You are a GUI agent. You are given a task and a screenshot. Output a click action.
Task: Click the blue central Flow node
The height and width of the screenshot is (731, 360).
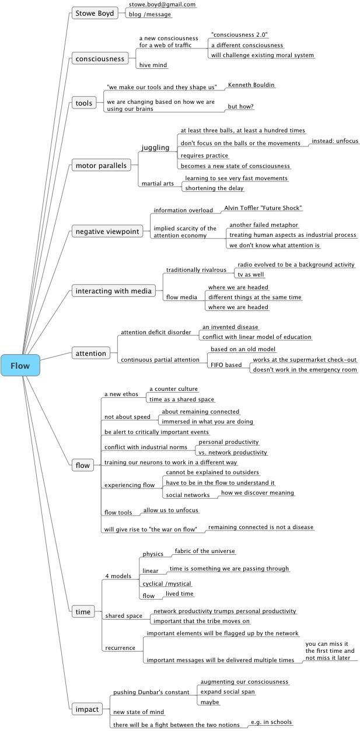(20, 365)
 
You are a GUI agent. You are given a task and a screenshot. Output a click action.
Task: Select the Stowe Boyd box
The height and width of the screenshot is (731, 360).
(95, 13)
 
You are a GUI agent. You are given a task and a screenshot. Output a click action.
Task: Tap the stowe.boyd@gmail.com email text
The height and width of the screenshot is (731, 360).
(162, 5)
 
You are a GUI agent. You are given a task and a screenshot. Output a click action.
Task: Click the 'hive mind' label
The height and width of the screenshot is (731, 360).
(153, 65)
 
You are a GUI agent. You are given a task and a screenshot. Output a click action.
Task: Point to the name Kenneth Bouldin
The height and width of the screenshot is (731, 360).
(251, 85)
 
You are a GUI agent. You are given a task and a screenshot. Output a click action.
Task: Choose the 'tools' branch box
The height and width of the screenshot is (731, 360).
(84, 103)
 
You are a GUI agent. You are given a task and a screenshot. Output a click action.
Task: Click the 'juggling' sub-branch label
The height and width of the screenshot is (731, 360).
(155, 148)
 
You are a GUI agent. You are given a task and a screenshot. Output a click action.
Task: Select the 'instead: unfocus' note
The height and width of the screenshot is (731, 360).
(335, 141)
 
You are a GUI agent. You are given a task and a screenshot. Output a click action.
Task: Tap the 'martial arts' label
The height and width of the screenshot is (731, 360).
(158, 183)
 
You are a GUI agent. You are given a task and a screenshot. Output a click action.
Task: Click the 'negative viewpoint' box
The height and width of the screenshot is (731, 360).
(107, 232)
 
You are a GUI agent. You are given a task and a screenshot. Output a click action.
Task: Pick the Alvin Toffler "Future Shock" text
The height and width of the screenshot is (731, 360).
(263, 208)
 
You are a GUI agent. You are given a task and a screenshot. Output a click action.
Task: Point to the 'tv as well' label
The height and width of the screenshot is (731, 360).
(251, 274)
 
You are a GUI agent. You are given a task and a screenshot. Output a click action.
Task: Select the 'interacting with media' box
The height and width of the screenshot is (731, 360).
(114, 291)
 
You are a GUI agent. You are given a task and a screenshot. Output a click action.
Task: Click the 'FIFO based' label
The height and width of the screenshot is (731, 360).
(226, 365)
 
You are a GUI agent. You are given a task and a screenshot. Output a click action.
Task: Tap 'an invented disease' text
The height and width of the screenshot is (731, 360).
(230, 327)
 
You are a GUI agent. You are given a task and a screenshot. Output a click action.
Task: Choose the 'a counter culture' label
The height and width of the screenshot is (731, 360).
(174, 389)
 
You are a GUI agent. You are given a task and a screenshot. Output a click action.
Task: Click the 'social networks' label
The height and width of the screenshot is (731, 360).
(188, 495)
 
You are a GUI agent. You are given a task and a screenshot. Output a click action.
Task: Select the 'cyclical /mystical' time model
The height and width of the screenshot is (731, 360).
(167, 583)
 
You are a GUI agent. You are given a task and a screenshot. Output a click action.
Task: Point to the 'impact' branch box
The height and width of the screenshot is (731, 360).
(87, 709)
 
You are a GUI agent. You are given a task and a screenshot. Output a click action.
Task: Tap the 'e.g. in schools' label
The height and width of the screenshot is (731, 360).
(271, 722)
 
